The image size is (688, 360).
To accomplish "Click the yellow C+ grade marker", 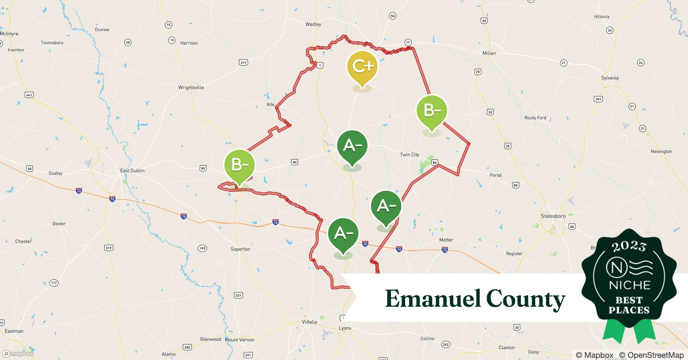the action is [362, 67].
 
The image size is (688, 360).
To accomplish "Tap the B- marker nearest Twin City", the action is [432, 111].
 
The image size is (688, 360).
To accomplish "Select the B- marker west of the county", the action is [239, 165].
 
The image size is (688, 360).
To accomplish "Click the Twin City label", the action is [410, 155].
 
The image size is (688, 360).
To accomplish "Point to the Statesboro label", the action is [553, 216].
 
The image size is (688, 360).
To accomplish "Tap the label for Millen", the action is [489, 53].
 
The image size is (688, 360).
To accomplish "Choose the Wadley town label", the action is [313, 24].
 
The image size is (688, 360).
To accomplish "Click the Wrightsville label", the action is [191, 87].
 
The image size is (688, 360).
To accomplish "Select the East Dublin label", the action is [132, 171].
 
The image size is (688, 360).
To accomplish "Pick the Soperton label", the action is [240, 249].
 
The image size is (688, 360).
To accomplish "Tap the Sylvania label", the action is [609, 78].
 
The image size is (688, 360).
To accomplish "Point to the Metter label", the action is [446, 240].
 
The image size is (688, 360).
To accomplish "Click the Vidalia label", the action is [309, 322].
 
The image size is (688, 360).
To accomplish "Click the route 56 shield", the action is [393, 16].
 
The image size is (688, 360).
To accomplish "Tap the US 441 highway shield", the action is [29, 95].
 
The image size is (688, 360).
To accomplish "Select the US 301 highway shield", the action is [598, 99].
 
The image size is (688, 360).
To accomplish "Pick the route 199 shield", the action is [202, 248].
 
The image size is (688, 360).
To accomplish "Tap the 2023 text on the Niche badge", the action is [629, 247].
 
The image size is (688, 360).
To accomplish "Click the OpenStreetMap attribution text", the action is [651, 355].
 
